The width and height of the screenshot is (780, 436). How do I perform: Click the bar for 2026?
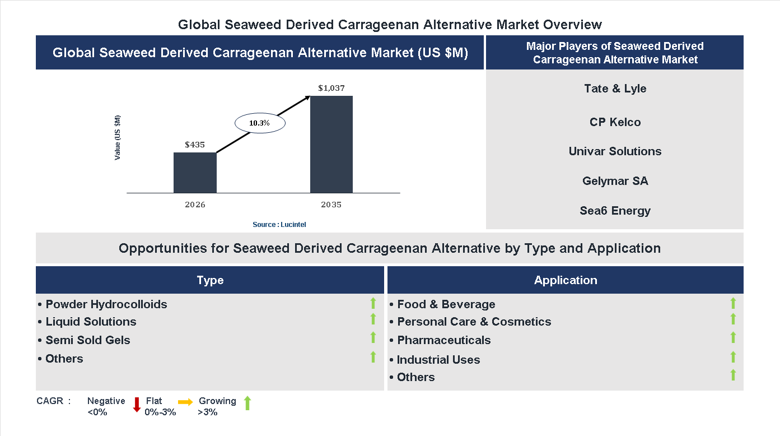[x=195, y=173]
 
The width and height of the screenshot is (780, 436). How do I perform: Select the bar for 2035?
[x=331, y=145]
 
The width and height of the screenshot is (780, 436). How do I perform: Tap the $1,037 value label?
[x=331, y=88]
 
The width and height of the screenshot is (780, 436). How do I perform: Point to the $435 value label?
[x=195, y=145]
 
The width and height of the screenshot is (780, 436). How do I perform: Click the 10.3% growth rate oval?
[x=259, y=123]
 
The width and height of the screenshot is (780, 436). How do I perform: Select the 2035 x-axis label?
[x=331, y=205]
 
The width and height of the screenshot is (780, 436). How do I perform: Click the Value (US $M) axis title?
[x=118, y=138]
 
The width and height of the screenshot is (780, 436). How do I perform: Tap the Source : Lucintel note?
[x=279, y=225]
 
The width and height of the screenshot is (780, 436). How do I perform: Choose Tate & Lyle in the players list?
[x=615, y=89]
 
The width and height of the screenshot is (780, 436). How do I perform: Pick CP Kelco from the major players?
[x=615, y=122]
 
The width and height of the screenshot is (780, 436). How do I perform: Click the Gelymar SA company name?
[x=615, y=181]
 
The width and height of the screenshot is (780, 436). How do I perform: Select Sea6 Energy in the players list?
[x=615, y=211]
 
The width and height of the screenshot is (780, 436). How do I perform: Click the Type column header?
[x=210, y=280]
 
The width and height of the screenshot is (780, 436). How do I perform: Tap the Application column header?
[x=566, y=280]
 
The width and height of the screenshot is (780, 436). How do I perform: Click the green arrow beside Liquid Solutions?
[x=373, y=319]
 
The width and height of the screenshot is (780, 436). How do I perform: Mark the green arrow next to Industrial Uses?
[x=733, y=357]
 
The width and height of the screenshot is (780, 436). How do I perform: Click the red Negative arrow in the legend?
[x=136, y=405]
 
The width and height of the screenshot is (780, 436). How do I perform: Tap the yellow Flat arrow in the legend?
[x=185, y=402]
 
